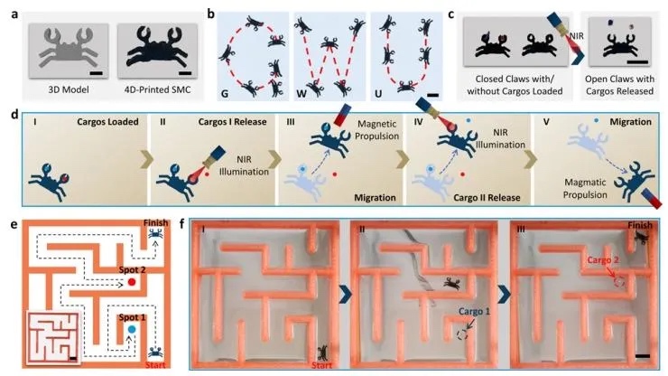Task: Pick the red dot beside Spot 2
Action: (x=132, y=284)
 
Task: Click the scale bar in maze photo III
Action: (x=643, y=358)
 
